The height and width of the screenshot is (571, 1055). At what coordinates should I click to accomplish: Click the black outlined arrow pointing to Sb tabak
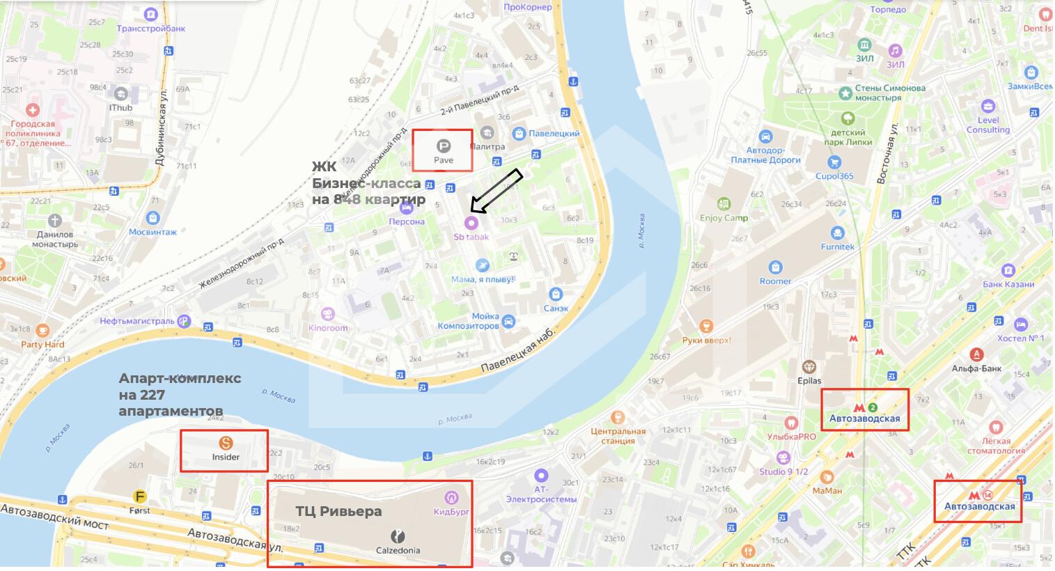click(x=496, y=190)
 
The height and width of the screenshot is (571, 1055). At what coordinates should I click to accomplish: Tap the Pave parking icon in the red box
click(x=443, y=146)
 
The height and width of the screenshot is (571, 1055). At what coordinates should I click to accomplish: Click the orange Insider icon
click(x=225, y=442)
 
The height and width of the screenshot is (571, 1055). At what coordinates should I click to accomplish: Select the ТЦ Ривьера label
click(x=338, y=511)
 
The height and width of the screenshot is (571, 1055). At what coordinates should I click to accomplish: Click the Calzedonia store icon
click(x=398, y=536)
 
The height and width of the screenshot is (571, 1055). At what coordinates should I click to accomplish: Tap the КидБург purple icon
click(x=451, y=497)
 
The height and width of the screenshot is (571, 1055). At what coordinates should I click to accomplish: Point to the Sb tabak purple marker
click(x=471, y=223)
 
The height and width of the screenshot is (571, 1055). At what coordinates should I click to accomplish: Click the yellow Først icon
click(x=140, y=496)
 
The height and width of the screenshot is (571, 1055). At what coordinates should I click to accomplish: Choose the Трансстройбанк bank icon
click(x=151, y=15)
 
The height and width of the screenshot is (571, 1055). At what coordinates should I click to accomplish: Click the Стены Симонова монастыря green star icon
click(x=845, y=93)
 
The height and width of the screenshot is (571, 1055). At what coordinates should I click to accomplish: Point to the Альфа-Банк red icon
click(x=977, y=354)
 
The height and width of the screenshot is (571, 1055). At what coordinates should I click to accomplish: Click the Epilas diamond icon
click(x=809, y=367)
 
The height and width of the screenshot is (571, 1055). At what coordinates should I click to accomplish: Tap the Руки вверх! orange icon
click(x=706, y=326)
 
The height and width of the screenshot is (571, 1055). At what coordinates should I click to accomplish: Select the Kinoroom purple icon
click(x=328, y=314)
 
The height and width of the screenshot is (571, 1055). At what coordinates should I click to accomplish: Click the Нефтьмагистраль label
click(x=136, y=321)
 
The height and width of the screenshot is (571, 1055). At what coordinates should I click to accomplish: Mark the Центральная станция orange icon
click(x=617, y=418)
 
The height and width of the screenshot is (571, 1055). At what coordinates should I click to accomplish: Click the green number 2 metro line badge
click(x=873, y=407)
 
